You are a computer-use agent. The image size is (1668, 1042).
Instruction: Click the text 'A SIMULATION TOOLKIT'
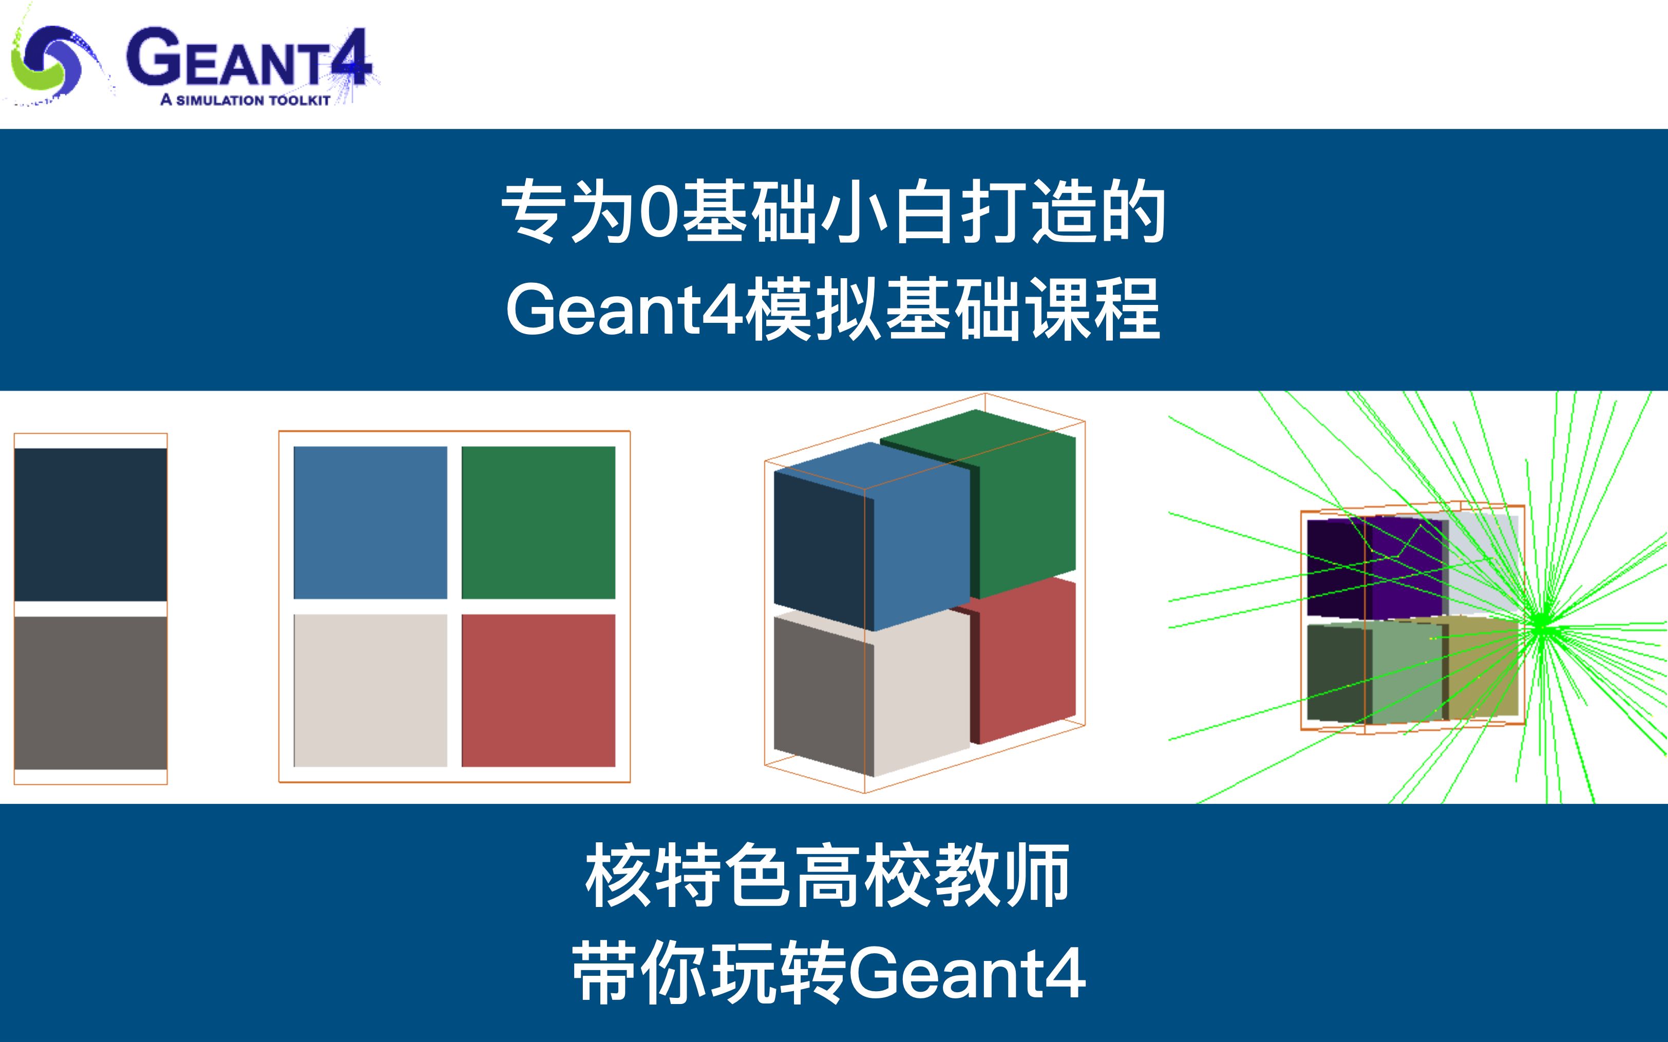point(245,101)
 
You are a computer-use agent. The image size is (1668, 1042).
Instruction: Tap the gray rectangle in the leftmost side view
point(90,692)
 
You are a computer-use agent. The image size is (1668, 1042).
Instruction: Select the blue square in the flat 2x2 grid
point(370,523)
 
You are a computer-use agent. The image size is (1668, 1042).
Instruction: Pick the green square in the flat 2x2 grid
point(538,523)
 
